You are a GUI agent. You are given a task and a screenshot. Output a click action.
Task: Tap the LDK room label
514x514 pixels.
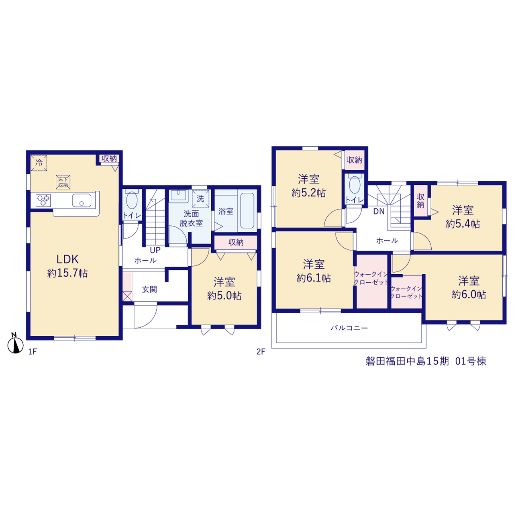click(x=67, y=259)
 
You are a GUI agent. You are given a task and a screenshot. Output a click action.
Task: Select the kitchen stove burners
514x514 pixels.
click(x=43, y=200)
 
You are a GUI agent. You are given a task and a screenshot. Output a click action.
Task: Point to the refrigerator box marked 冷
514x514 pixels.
click(x=39, y=163)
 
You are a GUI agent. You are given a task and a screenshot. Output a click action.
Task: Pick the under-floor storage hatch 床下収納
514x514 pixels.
click(x=63, y=182)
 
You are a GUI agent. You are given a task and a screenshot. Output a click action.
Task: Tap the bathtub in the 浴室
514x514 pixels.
click(x=247, y=210)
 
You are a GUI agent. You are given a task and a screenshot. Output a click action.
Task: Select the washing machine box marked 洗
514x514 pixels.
click(x=201, y=198)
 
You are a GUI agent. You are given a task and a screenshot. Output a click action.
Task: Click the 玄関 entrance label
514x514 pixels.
click(x=149, y=289)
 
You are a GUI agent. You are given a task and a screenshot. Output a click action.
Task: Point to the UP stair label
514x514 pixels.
click(x=155, y=250)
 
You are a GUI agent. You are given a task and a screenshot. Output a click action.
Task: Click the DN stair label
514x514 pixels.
click(x=379, y=212)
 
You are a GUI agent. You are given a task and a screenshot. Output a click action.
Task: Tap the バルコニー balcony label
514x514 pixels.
click(x=349, y=328)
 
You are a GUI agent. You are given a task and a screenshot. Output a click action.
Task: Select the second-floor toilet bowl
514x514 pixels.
click(x=355, y=184)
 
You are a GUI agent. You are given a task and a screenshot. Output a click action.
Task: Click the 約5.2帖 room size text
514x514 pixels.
click(x=309, y=193)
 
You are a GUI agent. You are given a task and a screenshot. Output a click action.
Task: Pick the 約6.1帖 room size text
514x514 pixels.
click(x=314, y=278)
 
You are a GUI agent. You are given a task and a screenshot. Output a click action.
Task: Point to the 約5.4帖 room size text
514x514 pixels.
click(x=463, y=224)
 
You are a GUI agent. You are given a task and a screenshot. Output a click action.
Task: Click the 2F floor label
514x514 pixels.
click(x=261, y=351)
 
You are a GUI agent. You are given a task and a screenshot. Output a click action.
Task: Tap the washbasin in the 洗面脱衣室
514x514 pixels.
click(x=178, y=195)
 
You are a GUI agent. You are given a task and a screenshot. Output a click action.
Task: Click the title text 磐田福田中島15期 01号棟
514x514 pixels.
click(x=426, y=361)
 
